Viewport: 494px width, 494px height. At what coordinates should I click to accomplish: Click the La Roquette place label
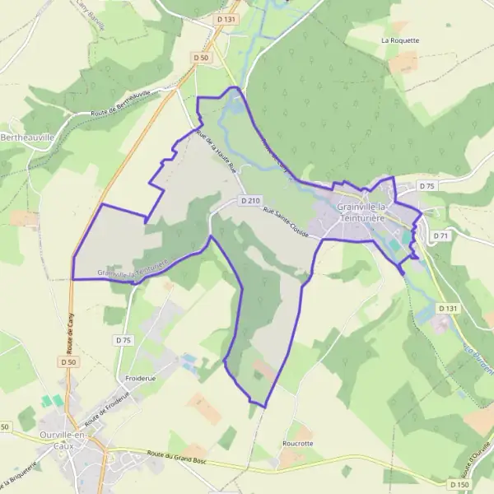pyautogui.click(x=400, y=40)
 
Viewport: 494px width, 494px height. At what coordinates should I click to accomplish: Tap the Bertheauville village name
pyautogui.click(x=30, y=137)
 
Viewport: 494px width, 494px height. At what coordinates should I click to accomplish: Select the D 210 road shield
pyautogui.click(x=251, y=201)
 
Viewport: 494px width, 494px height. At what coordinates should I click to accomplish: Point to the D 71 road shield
pyautogui.click(x=441, y=236)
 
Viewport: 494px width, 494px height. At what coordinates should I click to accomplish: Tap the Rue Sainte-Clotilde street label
pyautogui.click(x=286, y=223)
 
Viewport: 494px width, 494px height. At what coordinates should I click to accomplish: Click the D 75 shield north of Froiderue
pyautogui.click(x=123, y=340)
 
